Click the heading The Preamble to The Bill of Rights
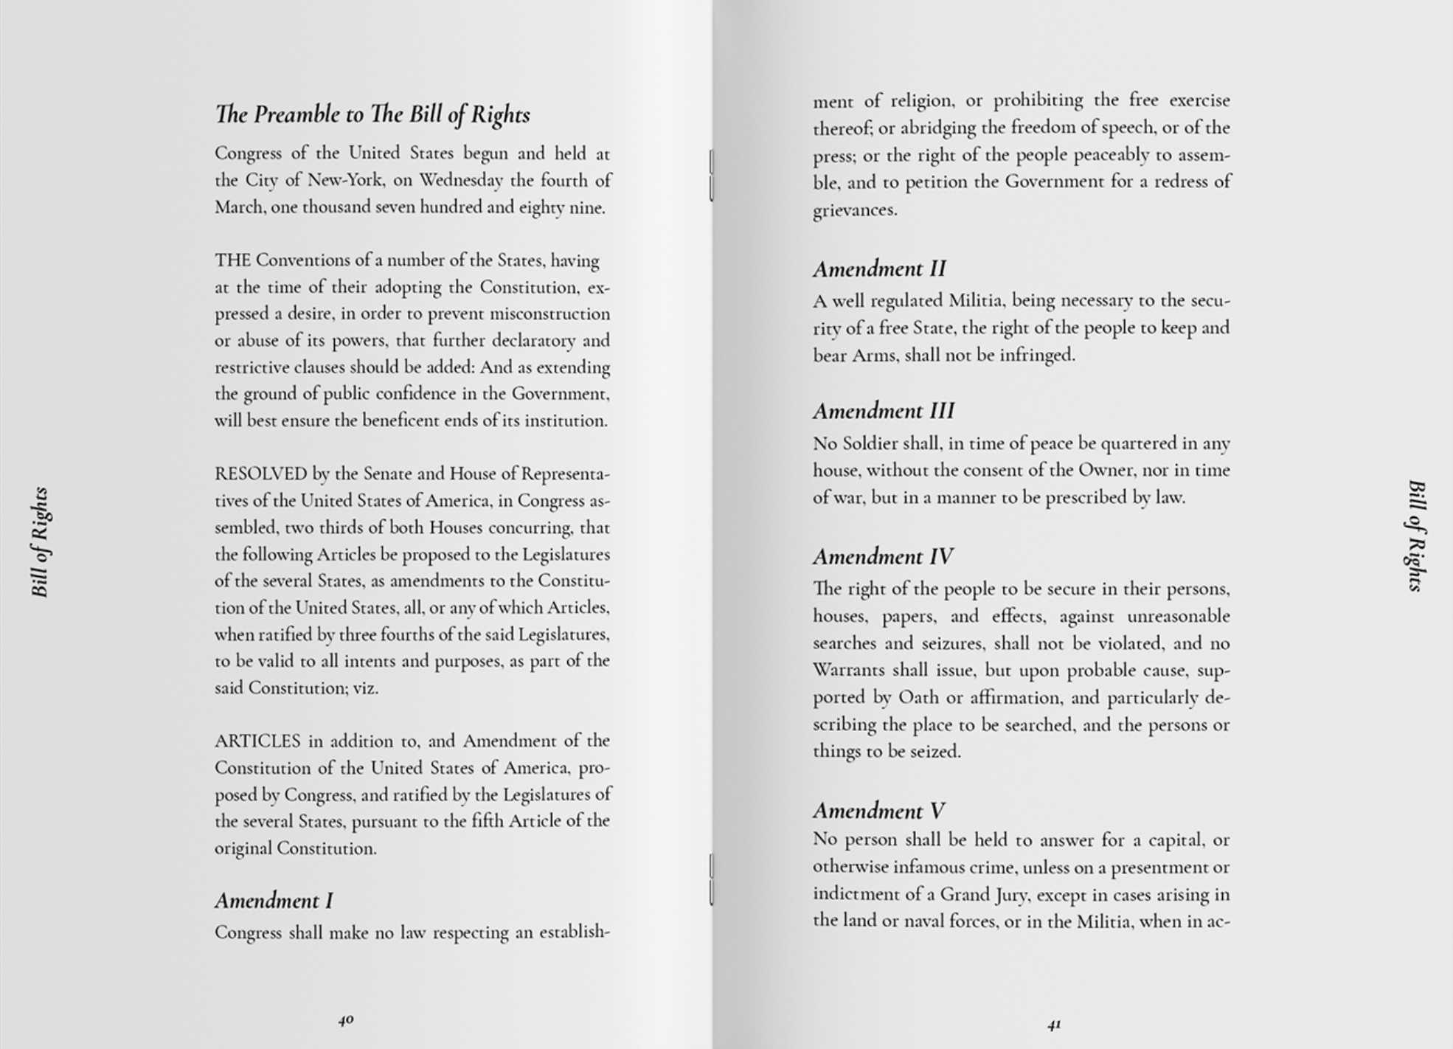click(x=372, y=115)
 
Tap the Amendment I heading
click(x=274, y=901)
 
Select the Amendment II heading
click(x=879, y=269)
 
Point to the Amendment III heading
click(x=884, y=411)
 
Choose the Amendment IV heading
click(x=883, y=556)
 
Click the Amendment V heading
click(x=878, y=811)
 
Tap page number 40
click(x=346, y=1020)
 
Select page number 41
click(x=1054, y=1025)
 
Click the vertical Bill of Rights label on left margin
click(x=41, y=542)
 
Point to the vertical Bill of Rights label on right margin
click(x=1416, y=536)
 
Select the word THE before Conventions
click(x=232, y=260)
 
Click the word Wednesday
click(x=461, y=181)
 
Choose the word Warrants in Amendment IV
click(x=848, y=671)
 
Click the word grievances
click(x=855, y=210)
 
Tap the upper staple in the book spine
click(x=711, y=176)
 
